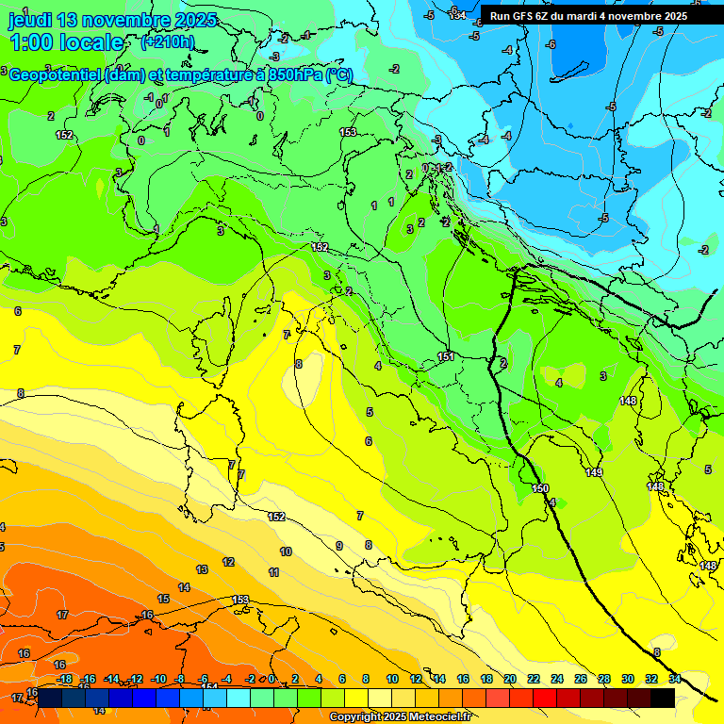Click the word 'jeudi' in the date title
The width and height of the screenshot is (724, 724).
click(x=29, y=20)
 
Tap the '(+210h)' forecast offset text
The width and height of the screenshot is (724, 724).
click(x=167, y=41)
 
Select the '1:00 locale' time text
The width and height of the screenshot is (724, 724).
click(x=66, y=42)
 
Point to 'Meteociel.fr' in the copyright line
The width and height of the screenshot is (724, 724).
click(x=435, y=717)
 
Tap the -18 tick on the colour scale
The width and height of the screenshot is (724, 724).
click(x=64, y=679)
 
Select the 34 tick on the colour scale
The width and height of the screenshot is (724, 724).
click(x=674, y=679)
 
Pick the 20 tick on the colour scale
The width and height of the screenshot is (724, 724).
click(x=509, y=679)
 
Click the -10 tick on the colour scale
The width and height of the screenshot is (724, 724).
click(x=158, y=679)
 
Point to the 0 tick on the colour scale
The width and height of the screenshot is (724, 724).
click(x=273, y=679)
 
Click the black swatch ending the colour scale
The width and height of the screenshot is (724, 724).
click(x=662, y=697)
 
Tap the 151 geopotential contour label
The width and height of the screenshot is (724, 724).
click(x=446, y=356)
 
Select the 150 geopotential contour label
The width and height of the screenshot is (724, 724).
click(x=539, y=488)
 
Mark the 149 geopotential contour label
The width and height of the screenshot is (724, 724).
click(x=594, y=472)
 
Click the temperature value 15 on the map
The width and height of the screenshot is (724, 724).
click(x=163, y=599)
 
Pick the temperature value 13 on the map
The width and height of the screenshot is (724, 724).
click(x=202, y=569)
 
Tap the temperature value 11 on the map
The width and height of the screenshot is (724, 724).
click(x=273, y=572)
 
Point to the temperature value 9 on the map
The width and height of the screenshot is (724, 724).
click(x=339, y=546)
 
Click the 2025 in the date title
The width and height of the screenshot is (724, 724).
click(x=193, y=20)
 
